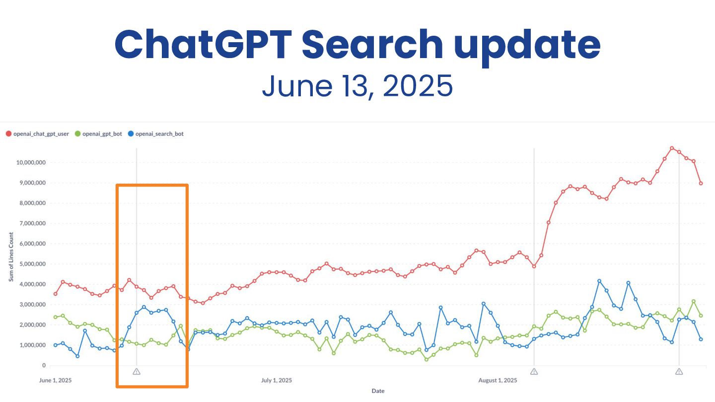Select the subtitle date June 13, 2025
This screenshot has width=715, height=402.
357,86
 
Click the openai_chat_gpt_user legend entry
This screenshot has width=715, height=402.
37,134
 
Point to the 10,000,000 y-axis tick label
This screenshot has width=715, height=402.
31,162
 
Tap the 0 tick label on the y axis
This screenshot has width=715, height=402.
44,366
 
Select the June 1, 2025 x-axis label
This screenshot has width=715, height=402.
55,381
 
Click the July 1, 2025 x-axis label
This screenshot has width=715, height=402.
277,381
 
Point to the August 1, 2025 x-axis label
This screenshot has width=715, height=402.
498,381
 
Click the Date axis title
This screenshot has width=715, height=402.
378,391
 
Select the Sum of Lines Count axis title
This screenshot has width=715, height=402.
11,257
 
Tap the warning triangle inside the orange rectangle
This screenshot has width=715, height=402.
137,371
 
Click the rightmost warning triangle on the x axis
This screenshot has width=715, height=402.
679,371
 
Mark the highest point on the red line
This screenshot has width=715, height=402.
672,148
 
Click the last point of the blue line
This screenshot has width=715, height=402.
701,339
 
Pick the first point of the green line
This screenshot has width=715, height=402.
55,317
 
